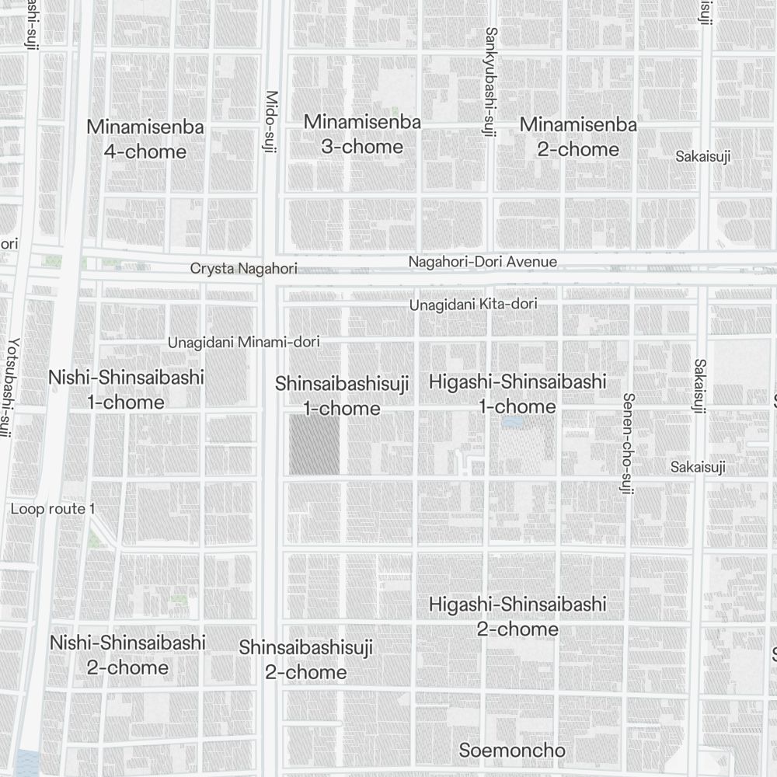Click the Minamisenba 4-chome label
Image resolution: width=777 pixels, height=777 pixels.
click(x=145, y=139)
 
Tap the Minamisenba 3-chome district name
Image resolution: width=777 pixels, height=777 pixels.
click(x=362, y=134)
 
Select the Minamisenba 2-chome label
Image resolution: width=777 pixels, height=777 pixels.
click(x=578, y=137)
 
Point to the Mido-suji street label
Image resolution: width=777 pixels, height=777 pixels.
click(x=271, y=122)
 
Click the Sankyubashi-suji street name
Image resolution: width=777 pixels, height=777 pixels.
click(x=490, y=82)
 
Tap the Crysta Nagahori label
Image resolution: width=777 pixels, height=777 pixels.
click(x=244, y=269)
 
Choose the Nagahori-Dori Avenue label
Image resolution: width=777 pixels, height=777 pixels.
click(x=483, y=262)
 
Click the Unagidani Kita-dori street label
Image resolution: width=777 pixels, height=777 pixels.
click(x=473, y=305)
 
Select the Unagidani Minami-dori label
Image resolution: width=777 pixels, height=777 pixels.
click(x=244, y=342)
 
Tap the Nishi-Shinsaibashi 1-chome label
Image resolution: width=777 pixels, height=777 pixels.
click(x=126, y=390)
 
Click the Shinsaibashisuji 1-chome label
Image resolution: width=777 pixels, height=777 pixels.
click(x=342, y=396)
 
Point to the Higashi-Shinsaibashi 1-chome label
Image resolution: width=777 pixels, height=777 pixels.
click(x=517, y=394)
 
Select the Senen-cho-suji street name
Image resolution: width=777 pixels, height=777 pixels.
click(x=628, y=443)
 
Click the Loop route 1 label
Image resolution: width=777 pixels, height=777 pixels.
click(x=53, y=509)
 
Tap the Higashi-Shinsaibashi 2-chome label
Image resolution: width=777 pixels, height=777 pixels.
click(x=517, y=616)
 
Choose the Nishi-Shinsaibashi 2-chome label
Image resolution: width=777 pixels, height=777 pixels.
click(x=127, y=655)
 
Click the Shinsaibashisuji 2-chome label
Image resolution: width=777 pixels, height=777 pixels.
click(x=306, y=660)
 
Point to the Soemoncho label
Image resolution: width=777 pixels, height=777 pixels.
click(x=512, y=751)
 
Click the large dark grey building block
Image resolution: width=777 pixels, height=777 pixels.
click(x=315, y=444)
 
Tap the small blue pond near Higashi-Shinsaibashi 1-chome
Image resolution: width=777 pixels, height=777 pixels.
click(x=512, y=423)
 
